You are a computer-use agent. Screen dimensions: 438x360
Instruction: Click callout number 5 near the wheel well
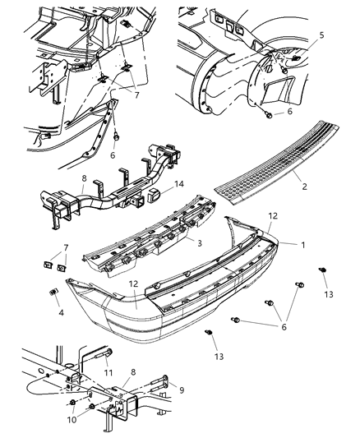pyautogui.click(x=322, y=35)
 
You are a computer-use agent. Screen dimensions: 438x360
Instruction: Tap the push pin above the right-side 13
pyautogui.click(x=323, y=270)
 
